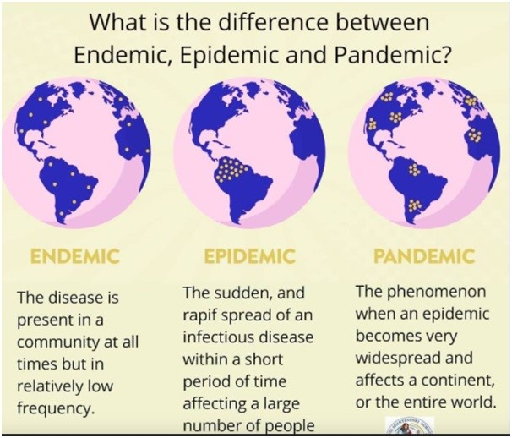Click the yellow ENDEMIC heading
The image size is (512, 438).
pyautogui.click(x=74, y=256)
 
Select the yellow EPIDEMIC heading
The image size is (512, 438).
pyautogui.click(x=250, y=256)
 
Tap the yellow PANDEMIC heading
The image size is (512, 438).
pyautogui.click(x=424, y=256)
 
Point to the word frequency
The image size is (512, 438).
pyautogui.click(x=55, y=408)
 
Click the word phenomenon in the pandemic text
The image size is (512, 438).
pyautogui.click(x=437, y=292)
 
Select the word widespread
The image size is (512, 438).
pyautogui.click(x=395, y=358)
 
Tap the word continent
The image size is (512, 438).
pyautogui.click(x=458, y=381)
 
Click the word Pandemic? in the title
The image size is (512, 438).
pyautogui.click(x=391, y=55)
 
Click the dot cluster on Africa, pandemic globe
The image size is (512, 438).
pyautogui.click(x=475, y=135)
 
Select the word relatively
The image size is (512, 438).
pyautogui.click(x=48, y=386)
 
